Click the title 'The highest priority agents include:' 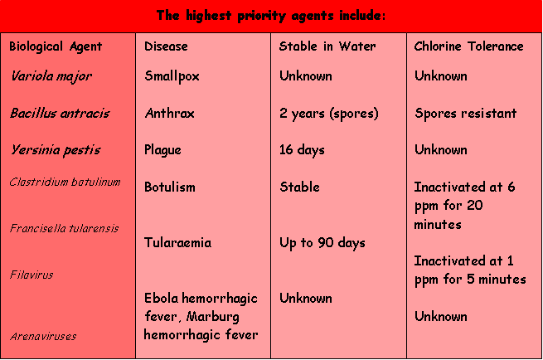coord(271,16)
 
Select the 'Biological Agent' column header coord(56,46)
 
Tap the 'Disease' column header coord(166,46)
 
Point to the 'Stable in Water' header coord(327,46)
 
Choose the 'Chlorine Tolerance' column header coord(468,46)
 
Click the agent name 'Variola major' coord(51,76)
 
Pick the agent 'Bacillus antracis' coord(60,113)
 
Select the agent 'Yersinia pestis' coord(56,150)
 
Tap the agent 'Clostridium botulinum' coord(65,182)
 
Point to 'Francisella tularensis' coord(64,228)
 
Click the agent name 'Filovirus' coord(32,275)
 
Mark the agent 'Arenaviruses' coord(43,336)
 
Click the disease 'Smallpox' coord(172,76)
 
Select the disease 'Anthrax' coord(170,113)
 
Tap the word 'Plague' coord(162,150)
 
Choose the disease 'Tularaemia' coord(177,242)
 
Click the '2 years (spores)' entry coord(329,114)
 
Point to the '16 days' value coord(302,150)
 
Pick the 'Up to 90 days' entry coord(322,243)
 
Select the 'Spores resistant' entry coord(465,114)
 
